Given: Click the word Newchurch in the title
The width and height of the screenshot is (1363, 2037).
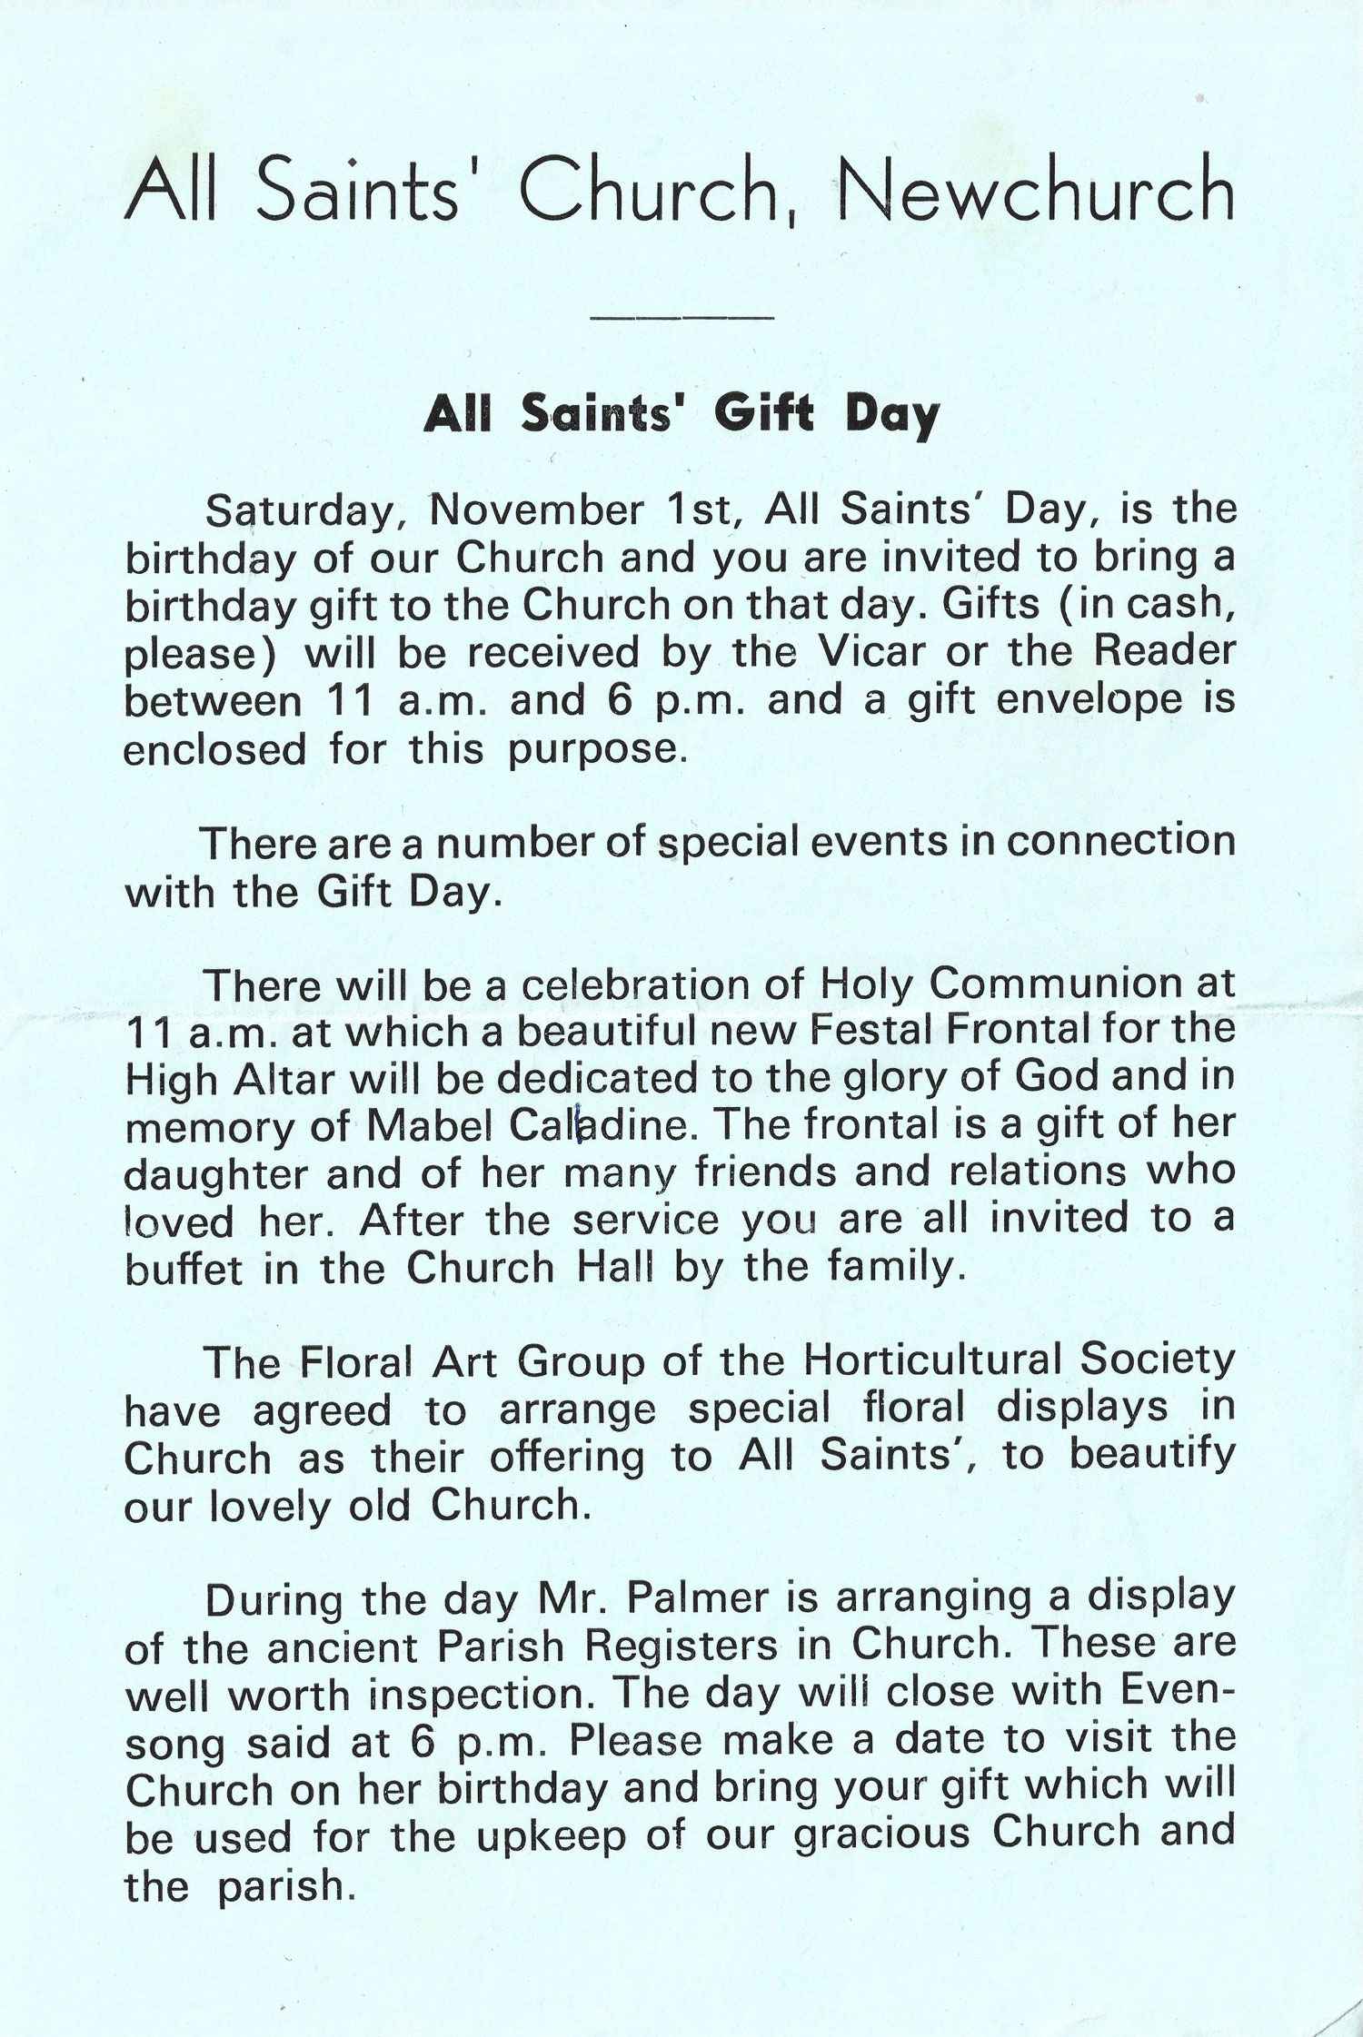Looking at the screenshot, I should (1035, 190).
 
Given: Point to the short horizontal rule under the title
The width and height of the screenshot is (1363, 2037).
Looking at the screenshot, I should (681, 318).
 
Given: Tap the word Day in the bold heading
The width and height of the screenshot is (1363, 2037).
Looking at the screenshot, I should (891, 416).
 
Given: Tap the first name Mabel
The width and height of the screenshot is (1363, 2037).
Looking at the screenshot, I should (431, 1126).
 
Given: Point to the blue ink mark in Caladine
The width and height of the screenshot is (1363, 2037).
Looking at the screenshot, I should (578, 1126).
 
